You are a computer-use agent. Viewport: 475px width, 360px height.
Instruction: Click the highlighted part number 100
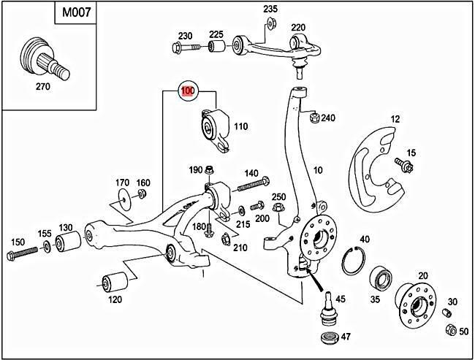point(189,91)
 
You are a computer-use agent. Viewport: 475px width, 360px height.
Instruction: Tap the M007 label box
point(75,13)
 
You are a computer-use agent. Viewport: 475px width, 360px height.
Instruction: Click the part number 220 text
point(298,28)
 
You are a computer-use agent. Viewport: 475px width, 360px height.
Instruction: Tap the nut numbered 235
point(270,23)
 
